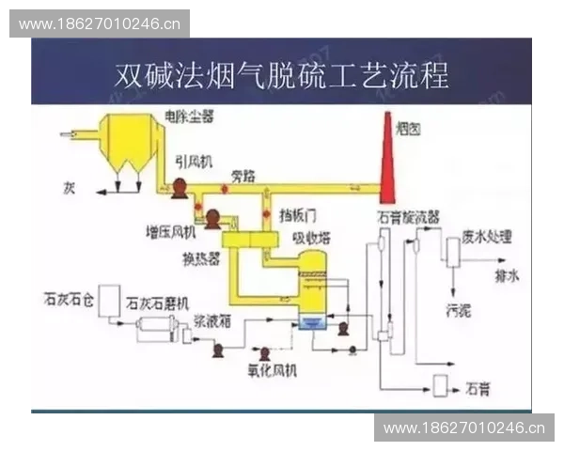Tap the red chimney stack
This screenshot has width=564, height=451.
pos(386,160)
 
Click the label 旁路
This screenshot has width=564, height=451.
pos(244,176)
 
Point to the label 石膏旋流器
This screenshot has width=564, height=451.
pos(408,216)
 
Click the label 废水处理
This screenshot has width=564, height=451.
pos(483,239)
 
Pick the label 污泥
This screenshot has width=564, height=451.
pos(458,309)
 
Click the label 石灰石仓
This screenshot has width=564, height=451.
pos(69,301)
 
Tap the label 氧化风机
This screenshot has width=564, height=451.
pos(273,371)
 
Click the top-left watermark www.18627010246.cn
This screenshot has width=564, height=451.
pos(101,23)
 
